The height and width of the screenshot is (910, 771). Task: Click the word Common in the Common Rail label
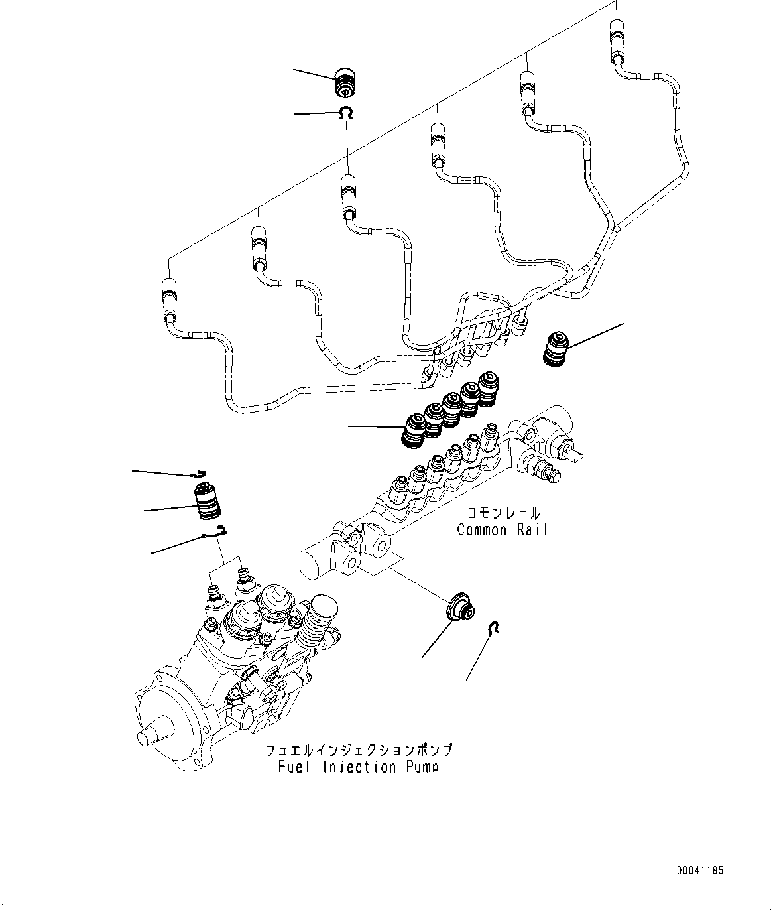point(482,530)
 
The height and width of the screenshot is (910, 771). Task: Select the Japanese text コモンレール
point(503,513)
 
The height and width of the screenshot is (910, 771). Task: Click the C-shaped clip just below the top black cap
point(345,114)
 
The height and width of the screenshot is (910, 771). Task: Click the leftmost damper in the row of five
point(416,429)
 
